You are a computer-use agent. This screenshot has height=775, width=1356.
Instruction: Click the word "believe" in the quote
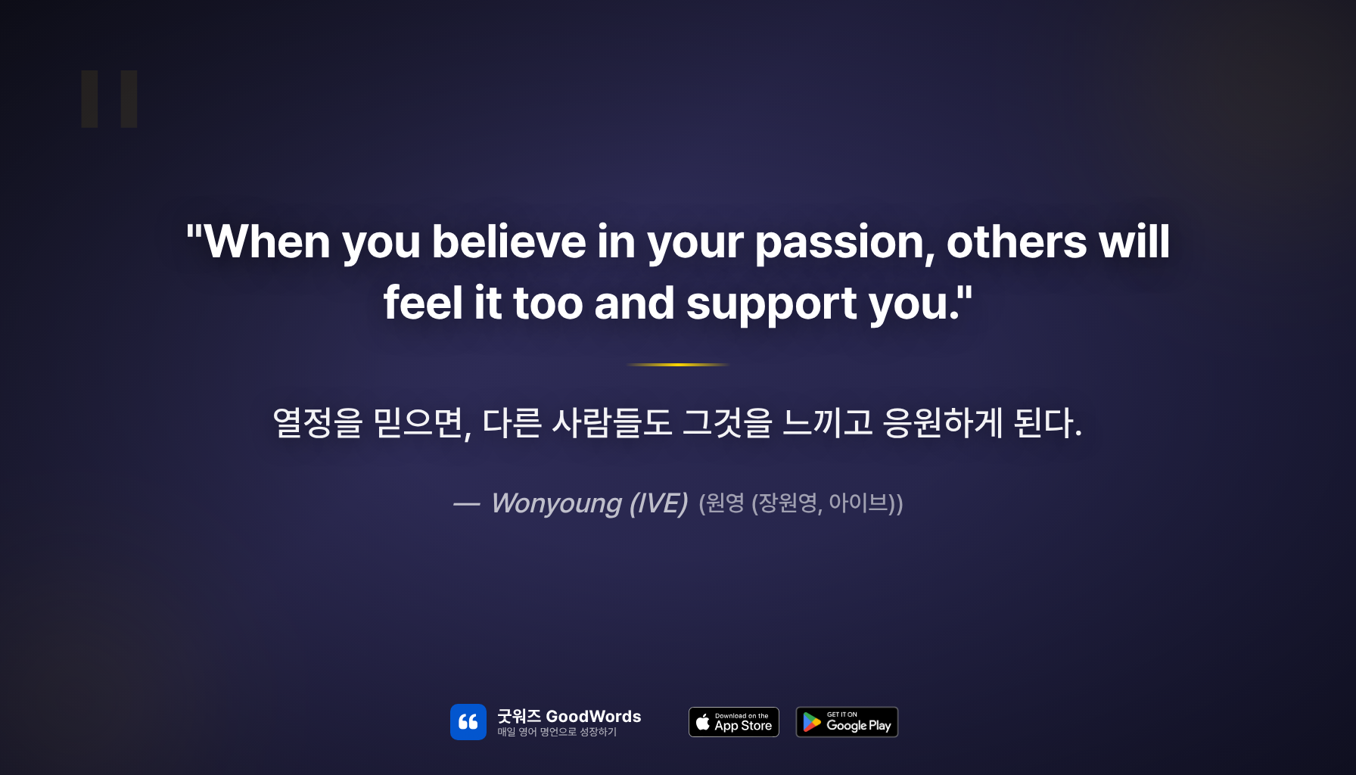pyautogui.click(x=508, y=242)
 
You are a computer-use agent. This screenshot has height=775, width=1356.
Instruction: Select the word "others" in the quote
pyautogui.click(x=1016, y=242)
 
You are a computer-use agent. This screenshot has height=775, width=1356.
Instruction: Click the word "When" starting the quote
pyautogui.click(x=267, y=242)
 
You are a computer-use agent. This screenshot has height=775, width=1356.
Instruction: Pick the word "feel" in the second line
pyautogui.click(x=422, y=303)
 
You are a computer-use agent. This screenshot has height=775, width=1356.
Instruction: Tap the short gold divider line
pyautogui.click(x=678, y=365)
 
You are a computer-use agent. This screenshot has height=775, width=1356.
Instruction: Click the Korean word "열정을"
pyautogui.click(x=317, y=422)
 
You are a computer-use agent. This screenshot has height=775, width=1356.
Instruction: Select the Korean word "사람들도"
pyautogui.click(x=611, y=422)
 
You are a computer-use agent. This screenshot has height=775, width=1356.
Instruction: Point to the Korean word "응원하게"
pyautogui.click(x=943, y=422)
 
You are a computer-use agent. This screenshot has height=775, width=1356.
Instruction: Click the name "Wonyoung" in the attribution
pyautogui.click(x=556, y=503)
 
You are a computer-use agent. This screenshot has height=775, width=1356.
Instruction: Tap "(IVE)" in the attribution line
pyautogui.click(x=658, y=503)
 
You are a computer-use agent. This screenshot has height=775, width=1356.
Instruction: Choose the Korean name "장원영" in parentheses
pyautogui.click(x=788, y=503)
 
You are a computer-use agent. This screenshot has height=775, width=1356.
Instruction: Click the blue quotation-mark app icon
pyautogui.click(x=468, y=722)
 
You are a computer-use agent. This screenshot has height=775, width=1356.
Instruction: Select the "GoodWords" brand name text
pyautogui.click(x=593, y=716)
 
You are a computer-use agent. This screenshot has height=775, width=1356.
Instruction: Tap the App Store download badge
pyautogui.click(x=734, y=722)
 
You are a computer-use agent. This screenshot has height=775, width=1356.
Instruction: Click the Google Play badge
pyautogui.click(x=847, y=722)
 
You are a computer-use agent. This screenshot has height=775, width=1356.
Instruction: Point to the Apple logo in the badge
pyautogui.click(x=703, y=722)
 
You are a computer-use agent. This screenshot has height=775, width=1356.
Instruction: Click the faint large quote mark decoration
pyautogui.click(x=110, y=99)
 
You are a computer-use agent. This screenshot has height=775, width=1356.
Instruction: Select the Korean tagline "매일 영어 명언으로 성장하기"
pyautogui.click(x=557, y=732)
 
